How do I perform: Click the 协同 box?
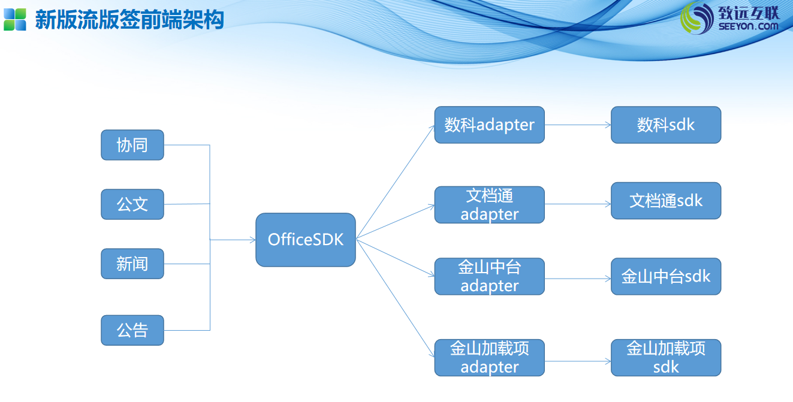132,145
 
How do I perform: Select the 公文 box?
132,204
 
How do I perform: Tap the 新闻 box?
132,264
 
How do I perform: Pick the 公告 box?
132,330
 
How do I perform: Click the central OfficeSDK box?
306,240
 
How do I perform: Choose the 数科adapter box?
489,125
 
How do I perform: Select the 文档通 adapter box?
489,205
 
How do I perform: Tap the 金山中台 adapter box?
489,276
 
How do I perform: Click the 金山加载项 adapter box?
489,358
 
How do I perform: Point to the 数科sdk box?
666,125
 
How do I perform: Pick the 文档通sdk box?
666,201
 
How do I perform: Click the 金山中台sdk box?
666,276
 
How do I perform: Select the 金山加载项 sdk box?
666,358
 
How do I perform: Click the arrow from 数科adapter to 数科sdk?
578,125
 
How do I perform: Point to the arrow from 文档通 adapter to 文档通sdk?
578,204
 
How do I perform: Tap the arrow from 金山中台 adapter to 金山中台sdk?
578,279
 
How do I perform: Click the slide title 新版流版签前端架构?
129,20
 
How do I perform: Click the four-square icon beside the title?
15,19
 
